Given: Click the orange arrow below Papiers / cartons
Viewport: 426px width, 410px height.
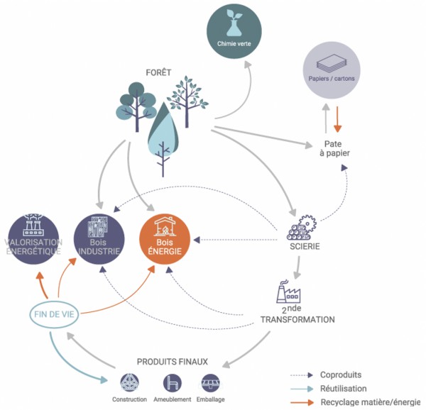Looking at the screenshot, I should point(338,118).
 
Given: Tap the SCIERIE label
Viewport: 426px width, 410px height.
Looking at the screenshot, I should point(305,247).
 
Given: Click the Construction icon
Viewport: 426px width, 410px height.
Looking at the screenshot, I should point(129,384).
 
